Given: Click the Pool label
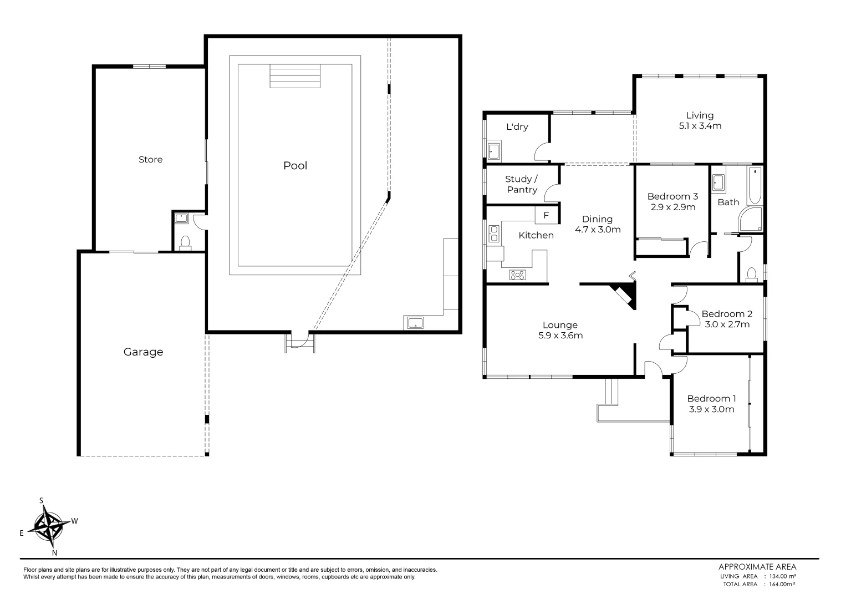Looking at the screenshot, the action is point(295,165).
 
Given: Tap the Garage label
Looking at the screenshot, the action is point(143,352).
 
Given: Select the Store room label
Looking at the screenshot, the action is point(150,160).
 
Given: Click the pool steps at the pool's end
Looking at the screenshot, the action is point(295,76).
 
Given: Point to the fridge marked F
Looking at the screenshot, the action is point(546,215).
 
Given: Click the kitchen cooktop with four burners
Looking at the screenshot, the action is point(517,275).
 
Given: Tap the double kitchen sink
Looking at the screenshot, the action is point(493,233).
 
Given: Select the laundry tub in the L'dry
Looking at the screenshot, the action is point(493,151).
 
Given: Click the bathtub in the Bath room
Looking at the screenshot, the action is point(755,186).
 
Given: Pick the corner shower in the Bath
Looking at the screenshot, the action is point(751,219).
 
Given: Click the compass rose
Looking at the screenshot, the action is point(49,526).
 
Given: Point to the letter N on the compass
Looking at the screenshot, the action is point(54,553).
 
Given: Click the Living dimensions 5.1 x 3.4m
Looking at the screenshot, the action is point(700,126).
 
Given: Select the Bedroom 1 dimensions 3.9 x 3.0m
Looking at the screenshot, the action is point(711,409).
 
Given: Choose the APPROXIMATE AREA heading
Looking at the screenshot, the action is point(757,567).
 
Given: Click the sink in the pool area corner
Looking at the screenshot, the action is point(415,323).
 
